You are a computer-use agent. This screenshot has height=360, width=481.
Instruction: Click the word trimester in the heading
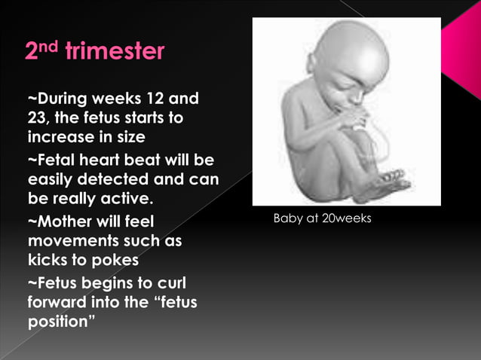[115, 52]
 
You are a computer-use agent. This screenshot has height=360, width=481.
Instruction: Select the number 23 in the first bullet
[38, 120]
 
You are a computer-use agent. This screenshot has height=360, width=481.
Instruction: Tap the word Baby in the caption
[287, 219]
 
